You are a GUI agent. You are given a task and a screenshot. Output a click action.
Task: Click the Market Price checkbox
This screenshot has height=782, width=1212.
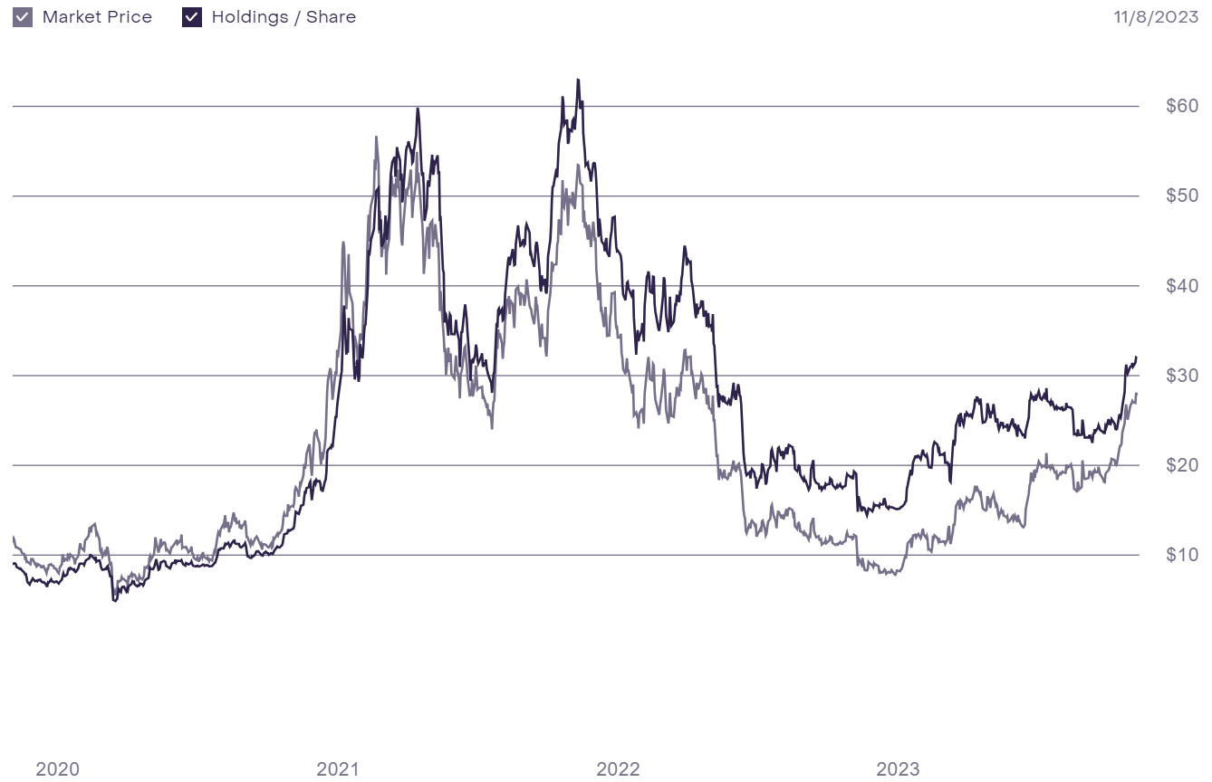23,17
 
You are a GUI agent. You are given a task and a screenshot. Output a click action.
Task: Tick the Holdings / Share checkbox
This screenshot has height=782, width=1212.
192,17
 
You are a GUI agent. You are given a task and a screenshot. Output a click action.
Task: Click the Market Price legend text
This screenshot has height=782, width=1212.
97,17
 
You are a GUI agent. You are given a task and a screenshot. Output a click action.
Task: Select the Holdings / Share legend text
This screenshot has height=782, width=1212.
284,17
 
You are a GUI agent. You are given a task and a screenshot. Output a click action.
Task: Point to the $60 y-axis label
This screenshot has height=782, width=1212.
1182,106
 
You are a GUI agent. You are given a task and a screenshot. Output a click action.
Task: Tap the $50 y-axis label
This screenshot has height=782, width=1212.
1182,195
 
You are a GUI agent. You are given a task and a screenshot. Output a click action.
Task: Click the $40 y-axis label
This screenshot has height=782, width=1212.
1182,286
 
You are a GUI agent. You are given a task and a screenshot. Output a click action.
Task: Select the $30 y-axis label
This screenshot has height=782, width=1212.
1182,376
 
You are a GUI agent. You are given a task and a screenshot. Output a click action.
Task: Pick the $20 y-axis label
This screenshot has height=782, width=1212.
1182,465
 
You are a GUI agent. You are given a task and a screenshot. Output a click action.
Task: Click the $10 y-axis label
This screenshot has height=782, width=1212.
1182,555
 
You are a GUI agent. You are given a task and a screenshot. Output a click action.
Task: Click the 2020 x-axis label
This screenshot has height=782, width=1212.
58,769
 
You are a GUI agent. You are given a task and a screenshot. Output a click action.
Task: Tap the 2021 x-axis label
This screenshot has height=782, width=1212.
338,769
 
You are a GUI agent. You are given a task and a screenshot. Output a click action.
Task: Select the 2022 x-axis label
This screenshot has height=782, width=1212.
618,769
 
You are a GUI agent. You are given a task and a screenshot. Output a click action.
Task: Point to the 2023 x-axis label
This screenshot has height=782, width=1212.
898,769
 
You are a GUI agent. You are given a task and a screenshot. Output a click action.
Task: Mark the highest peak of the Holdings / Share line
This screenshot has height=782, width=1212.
577,80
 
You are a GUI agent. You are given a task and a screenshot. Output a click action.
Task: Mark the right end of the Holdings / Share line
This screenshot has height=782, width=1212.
1136,357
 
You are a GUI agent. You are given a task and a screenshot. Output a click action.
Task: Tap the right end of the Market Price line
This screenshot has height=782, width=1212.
1136,394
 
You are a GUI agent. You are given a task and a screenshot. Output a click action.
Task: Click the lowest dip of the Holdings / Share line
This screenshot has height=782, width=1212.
114,600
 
